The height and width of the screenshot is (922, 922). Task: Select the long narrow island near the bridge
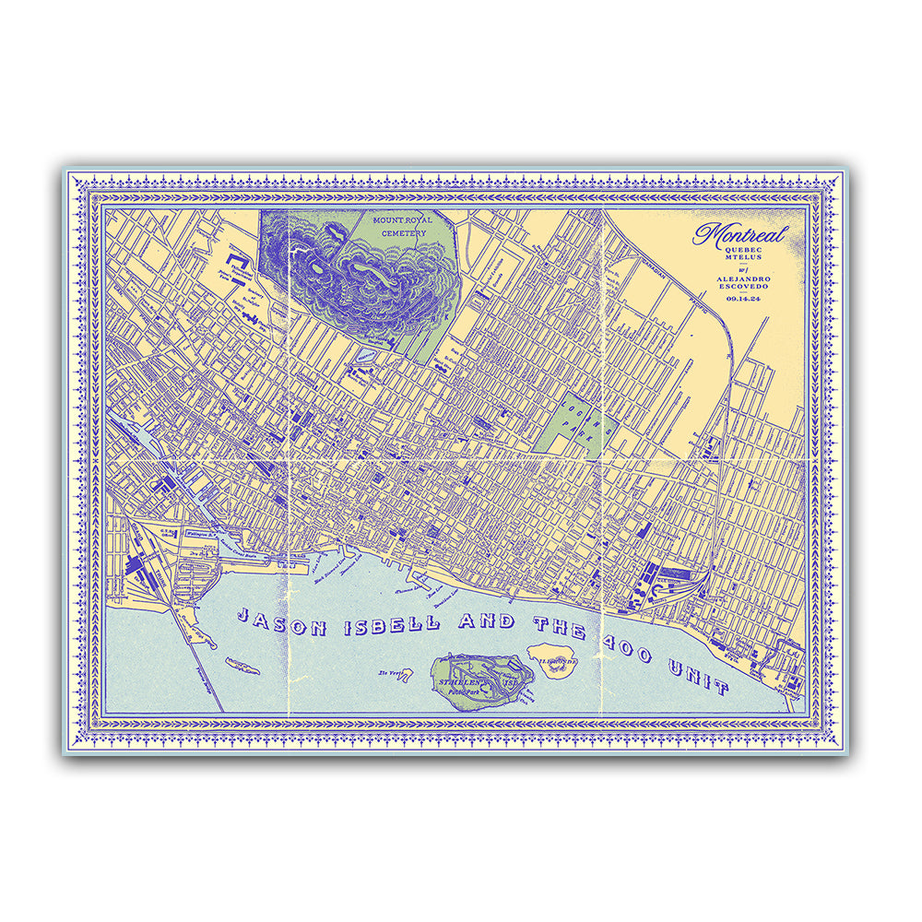pyautogui.click(x=243, y=665)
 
